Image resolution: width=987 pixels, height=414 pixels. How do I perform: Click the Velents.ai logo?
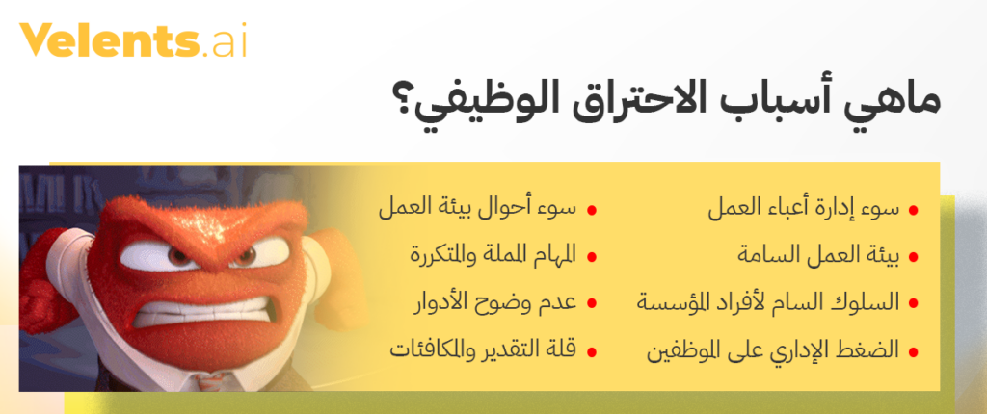[x=132, y=40]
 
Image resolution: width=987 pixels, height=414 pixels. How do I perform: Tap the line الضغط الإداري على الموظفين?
[x=773, y=349]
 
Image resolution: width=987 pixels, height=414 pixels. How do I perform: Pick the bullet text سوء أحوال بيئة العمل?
[x=478, y=209]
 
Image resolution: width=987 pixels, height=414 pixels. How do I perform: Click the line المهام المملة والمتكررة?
[x=493, y=255]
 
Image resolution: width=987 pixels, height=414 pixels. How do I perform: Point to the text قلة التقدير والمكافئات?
[x=484, y=349]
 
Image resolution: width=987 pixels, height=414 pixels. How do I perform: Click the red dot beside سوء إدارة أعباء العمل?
[x=914, y=211]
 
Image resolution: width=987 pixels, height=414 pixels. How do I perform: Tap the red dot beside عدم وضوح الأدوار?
[x=591, y=303]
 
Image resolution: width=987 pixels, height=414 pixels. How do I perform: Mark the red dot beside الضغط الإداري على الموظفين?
[x=914, y=351]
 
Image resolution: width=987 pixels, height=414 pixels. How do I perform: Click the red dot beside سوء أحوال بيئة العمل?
[x=591, y=211]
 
